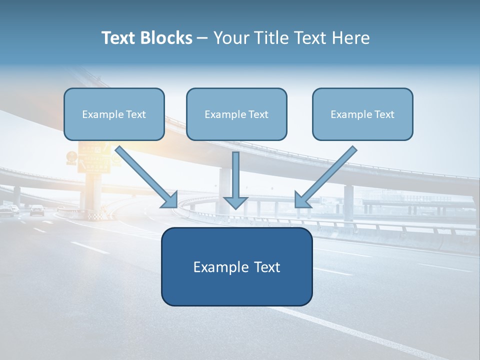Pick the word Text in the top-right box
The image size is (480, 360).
point(384,114)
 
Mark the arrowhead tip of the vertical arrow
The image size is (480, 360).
point(235,207)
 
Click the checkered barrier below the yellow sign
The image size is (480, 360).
point(94,216)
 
